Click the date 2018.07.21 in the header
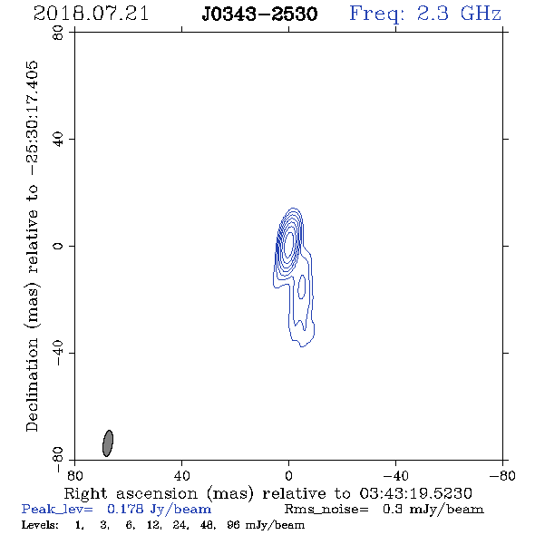[x=91, y=14]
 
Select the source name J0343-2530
[x=259, y=15]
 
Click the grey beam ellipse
[x=108, y=443]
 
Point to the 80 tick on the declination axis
[x=58, y=33]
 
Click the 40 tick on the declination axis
[x=58, y=140]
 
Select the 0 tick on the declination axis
[x=58, y=246]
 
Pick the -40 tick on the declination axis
[x=58, y=353]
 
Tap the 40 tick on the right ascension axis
[x=182, y=475]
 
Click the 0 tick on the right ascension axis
[x=288, y=475]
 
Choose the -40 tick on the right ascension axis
[x=395, y=475]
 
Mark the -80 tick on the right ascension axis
[x=502, y=475]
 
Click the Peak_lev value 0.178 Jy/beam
[x=160, y=510]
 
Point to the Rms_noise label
[x=326, y=510]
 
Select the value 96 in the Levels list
[x=233, y=525]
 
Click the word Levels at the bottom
[x=40, y=525]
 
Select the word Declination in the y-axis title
[x=32, y=385]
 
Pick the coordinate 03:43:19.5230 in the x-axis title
[x=415, y=493]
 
